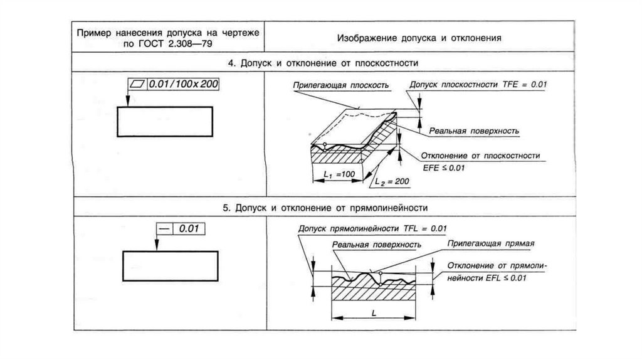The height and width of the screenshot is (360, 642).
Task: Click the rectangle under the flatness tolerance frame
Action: (x=165, y=120)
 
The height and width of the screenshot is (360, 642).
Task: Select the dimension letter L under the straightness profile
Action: (x=373, y=311)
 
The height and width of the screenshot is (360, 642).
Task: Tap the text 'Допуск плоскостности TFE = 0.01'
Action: (x=478, y=84)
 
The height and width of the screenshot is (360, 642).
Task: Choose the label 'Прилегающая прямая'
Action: (x=490, y=242)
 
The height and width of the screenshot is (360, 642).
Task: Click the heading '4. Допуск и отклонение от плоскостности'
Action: (x=322, y=63)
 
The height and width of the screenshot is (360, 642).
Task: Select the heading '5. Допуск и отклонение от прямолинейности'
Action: (x=322, y=207)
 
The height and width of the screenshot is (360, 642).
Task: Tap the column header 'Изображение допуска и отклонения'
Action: (x=419, y=37)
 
